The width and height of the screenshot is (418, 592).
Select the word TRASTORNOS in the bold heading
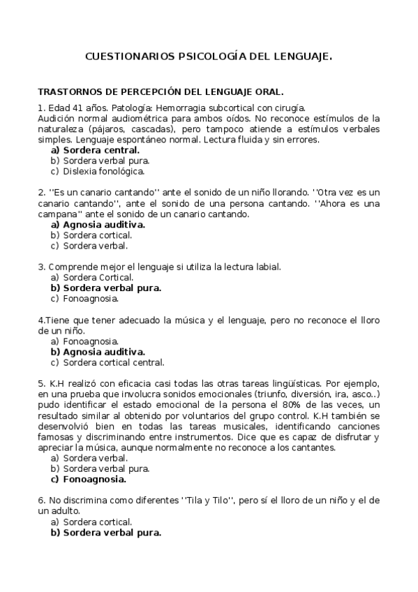click(69, 91)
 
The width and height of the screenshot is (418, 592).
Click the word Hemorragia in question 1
click(181, 108)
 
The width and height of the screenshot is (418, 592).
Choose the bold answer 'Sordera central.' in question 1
click(100, 149)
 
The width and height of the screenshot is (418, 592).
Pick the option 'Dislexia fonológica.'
click(103, 170)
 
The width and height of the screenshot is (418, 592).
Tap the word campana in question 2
click(57, 214)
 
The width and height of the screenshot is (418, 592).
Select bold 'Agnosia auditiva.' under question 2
click(103, 225)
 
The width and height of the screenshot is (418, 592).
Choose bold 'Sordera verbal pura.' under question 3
click(112, 288)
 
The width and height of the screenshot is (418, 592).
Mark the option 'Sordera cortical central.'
click(113, 362)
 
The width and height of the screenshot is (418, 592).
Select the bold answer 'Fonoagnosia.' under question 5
click(94, 479)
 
